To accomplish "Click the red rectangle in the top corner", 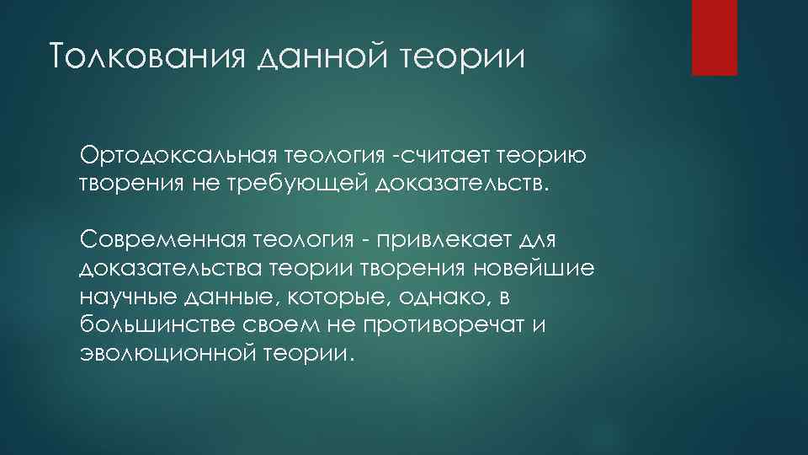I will point(714,37).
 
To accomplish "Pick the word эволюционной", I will point(167,354).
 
